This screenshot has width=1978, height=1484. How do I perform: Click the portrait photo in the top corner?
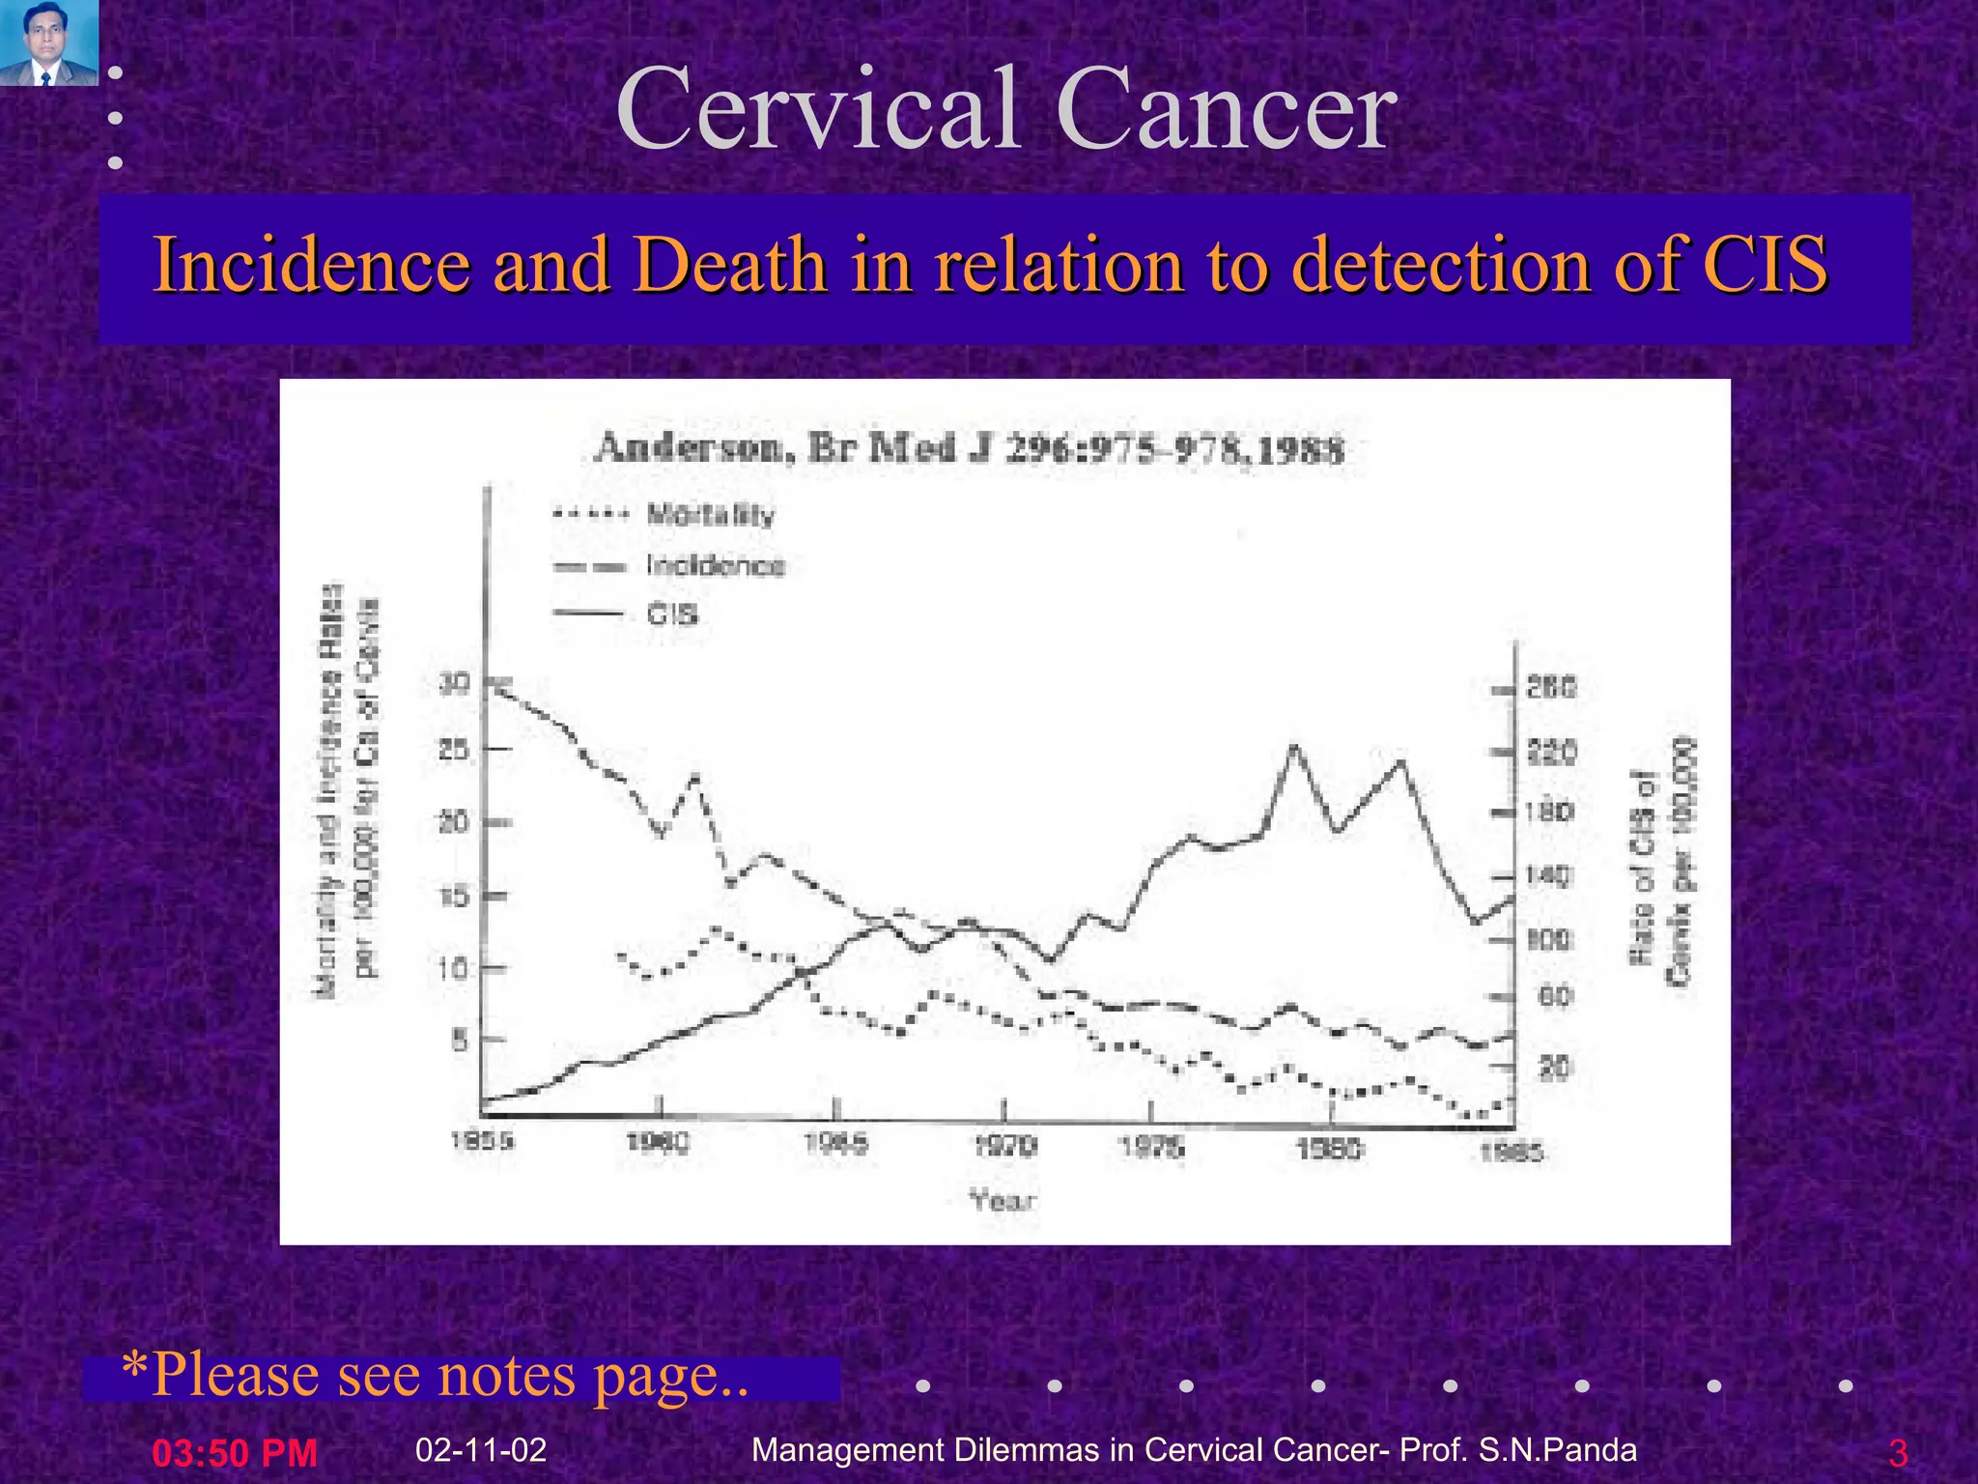tap(48, 43)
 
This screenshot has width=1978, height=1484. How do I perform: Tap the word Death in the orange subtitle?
tap(737, 264)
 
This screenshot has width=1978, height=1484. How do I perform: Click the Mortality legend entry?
tap(711, 514)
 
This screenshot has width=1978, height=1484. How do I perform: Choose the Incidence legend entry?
tap(716, 565)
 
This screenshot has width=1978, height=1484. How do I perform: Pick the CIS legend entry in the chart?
tap(672, 614)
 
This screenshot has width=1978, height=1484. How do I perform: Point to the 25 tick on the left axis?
tap(454, 750)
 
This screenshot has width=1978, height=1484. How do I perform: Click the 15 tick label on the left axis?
tap(454, 896)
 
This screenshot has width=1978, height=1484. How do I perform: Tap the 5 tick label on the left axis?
tap(460, 1041)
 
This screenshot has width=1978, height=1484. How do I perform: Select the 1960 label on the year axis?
tap(659, 1143)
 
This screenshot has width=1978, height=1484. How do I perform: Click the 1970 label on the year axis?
tap(1005, 1146)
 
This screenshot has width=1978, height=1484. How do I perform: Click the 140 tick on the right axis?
tap(1549, 876)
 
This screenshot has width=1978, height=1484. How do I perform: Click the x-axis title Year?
tap(1003, 1201)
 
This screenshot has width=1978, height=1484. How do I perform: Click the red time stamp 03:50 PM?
tap(235, 1453)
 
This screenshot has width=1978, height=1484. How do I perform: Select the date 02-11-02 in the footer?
tap(481, 1449)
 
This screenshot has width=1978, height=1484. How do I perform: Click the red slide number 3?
tap(1897, 1453)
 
